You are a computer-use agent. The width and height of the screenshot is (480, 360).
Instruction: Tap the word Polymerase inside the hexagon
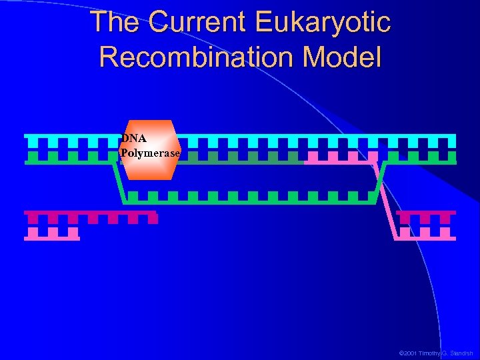point(150,153)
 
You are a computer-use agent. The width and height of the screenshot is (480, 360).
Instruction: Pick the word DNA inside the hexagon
point(134,139)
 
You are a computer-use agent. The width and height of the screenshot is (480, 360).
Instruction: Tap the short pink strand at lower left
point(52,234)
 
